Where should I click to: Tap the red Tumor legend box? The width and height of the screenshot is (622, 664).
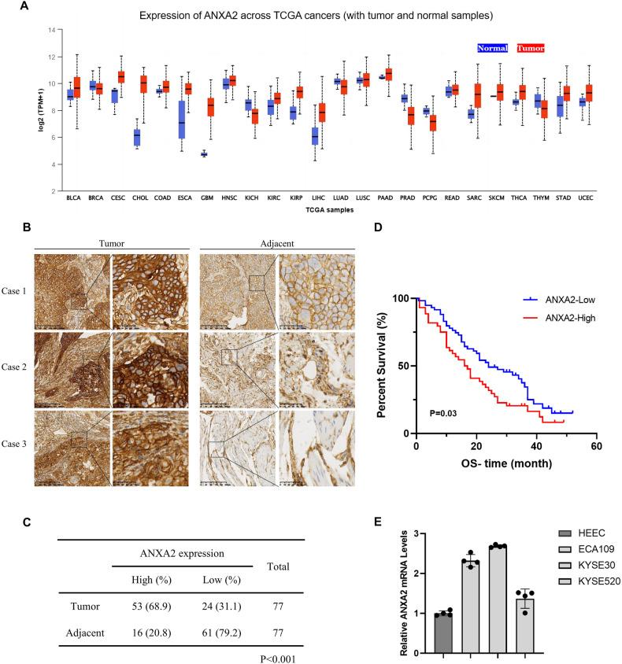(x=531, y=48)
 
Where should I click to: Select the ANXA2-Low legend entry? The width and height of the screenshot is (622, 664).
(x=531, y=301)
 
